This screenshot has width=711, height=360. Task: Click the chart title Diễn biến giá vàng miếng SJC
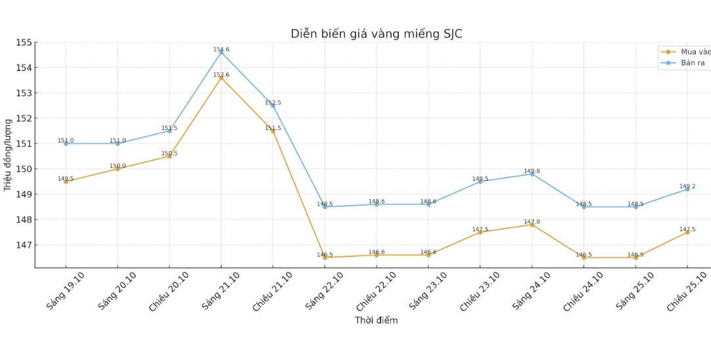pos(376,34)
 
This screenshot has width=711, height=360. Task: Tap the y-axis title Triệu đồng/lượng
pos(8,155)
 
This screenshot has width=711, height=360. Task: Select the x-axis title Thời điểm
pos(376,321)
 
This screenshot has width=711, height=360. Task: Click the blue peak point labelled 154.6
pos(221,53)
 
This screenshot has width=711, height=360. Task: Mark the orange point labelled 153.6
pos(221,78)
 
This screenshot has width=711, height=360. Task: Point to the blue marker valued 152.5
pos(273,106)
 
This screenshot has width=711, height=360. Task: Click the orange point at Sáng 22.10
pos(325,258)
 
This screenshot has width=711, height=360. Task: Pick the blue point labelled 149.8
pos(532,174)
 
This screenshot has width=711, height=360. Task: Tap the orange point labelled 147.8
pos(532,225)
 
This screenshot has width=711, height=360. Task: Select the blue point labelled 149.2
pos(687,189)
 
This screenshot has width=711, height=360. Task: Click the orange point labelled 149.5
pos(66,181)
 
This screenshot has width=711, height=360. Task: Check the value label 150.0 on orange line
pos(118,166)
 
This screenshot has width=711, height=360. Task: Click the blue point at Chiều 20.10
pos(170,131)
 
